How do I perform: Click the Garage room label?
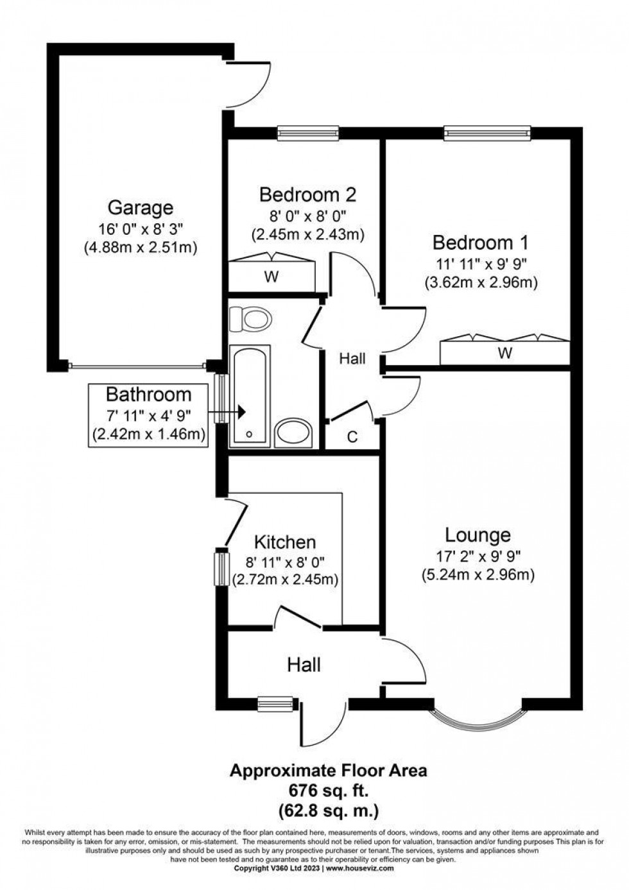pos(140,207)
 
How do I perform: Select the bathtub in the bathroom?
pos(249,396)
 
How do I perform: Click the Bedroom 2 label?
pos(307,194)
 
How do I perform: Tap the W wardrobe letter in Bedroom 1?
pos(504,352)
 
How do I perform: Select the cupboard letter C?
pos(352,437)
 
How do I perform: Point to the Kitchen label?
pos(285,542)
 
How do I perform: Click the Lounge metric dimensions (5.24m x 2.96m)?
pos(478,575)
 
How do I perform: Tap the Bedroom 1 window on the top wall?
pos(487,133)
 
